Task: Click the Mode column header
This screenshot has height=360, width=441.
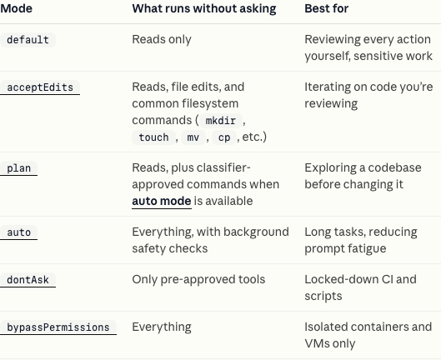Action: [x=17, y=8]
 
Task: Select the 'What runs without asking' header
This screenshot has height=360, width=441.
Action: [x=204, y=8]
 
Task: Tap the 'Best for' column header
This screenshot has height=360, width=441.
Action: [x=327, y=8]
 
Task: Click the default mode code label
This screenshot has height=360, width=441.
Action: [x=28, y=40]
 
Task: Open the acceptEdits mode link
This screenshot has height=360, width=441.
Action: [x=40, y=87]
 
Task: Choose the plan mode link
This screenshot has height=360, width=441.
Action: [x=18, y=168]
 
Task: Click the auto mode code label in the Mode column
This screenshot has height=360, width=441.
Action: [x=18, y=232]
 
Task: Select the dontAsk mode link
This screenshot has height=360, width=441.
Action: [x=28, y=280]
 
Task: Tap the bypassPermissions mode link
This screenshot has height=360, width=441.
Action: [x=58, y=327]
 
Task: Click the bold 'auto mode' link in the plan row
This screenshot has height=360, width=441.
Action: [x=162, y=201]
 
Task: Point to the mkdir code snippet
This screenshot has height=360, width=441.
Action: [x=221, y=121]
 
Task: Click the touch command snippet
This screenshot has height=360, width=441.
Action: [x=154, y=137]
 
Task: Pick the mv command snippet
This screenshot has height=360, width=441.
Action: [x=193, y=137]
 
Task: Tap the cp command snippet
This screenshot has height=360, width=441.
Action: [x=224, y=137]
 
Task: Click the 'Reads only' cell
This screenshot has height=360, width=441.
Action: [x=162, y=39]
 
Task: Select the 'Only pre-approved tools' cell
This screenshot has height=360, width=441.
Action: [x=198, y=279]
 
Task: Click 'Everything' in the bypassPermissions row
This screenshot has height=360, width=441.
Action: [x=162, y=327]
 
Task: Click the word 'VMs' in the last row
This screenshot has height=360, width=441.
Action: [x=316, y=343]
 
